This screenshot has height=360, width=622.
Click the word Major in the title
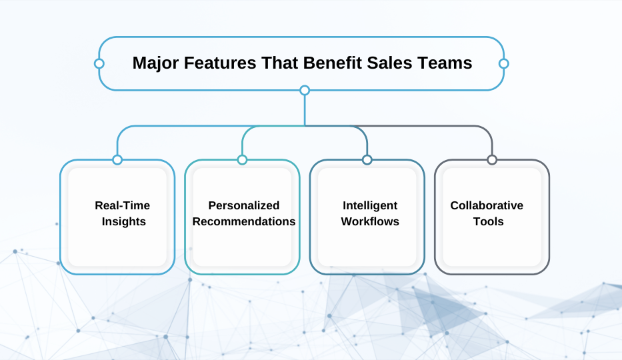point(155,63)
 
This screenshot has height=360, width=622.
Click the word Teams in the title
point(445,63)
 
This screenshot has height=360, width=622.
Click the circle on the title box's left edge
point(99,63)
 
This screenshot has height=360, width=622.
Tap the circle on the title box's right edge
point(504,63)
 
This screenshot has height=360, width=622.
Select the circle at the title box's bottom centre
point(305,91)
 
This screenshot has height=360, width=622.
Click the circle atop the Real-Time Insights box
point(117,160)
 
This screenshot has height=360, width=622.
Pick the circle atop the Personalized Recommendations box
point(242,160)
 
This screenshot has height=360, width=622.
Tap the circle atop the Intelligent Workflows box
point(367,160)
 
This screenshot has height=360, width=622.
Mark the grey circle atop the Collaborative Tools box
point(492,160)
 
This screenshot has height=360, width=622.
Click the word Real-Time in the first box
point(122,205)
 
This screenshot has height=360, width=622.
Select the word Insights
point(124,221)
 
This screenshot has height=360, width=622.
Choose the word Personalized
point(244,205)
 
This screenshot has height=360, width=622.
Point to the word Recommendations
point(244,221)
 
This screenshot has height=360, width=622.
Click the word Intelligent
point(370,205)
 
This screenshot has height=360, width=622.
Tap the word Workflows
point(370,221)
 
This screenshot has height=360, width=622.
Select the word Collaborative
point(487,205)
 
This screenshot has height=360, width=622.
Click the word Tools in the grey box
point(488,221)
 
